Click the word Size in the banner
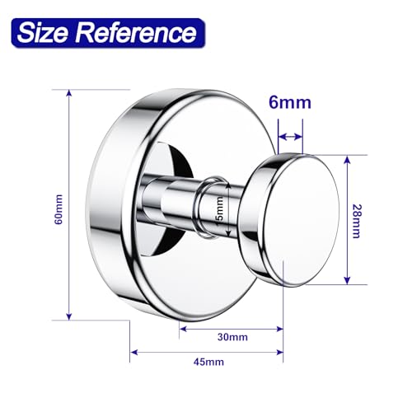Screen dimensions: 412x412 (42, 33)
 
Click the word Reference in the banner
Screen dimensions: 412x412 (137, 33)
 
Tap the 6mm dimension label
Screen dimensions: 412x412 (290, 102)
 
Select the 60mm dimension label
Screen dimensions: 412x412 (59, 209)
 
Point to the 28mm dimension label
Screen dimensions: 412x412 (357, 222)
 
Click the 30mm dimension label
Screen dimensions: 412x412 (232, 337)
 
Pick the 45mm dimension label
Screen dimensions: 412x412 (208, 362)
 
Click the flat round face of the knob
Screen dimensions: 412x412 (302, 221)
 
